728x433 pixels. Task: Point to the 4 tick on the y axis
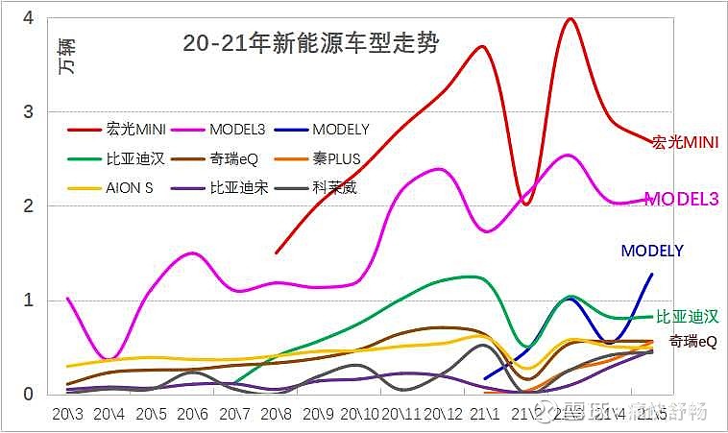coord(28,18)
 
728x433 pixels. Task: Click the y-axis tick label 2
coord(28,206)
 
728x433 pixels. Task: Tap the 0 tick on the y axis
coord(28,394)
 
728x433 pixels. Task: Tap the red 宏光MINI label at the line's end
coord(686,142)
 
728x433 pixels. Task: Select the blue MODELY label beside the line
coord(652,251)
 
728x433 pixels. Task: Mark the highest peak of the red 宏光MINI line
coord(570,18)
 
